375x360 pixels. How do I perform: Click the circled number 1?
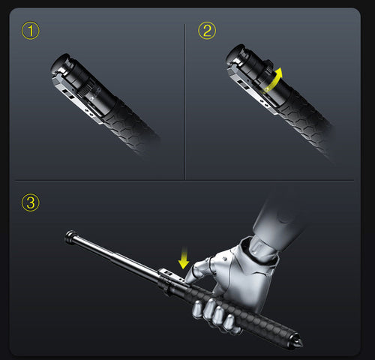tap(31, 31)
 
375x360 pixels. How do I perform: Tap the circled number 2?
tap(206, 31)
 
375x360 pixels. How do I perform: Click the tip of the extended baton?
tap(68, 239)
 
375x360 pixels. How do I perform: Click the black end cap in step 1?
tap(60, 62)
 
